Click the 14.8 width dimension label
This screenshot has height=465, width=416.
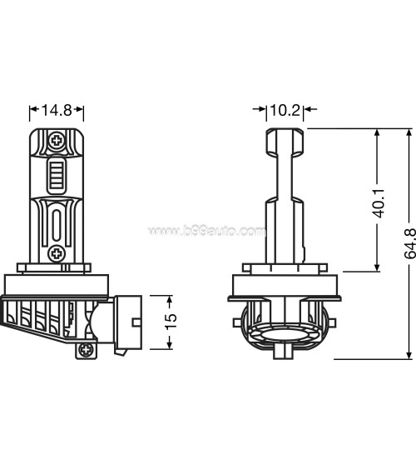point(57,109)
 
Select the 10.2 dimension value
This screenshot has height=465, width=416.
point(285,109)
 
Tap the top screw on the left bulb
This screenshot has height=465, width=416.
point(57,141)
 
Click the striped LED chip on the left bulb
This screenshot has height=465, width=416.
point(57,176)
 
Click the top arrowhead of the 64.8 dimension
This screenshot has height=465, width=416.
point(408,134)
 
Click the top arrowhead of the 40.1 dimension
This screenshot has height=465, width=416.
point(379,134)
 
